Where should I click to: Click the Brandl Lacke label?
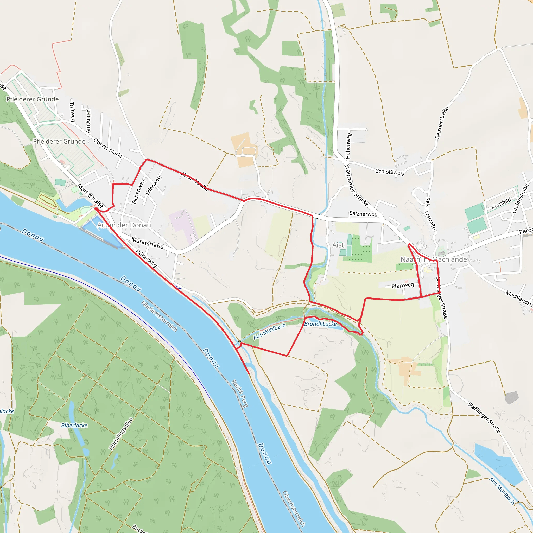[x=320, y=324]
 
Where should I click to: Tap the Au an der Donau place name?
[x=124, y=225]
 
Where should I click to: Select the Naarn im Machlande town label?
[x=434, y=259]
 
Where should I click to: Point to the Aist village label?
[x=338, y=245]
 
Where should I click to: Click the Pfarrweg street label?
[x=403, y=285]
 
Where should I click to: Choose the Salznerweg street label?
[x=364, y=214]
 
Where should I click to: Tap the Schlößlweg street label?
[x=390, y=172]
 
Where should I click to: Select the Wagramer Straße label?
[x=357, y=185]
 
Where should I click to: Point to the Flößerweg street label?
[x=146, y=258]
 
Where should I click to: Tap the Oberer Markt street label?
[x=108, y=148]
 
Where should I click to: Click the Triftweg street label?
[x=72, y=112]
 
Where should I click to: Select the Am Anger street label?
[x=88, y=121]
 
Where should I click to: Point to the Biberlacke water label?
[x=74, y=426]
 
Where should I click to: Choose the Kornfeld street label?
[x=501, y=203]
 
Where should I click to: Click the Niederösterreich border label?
[x=159, y=316]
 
